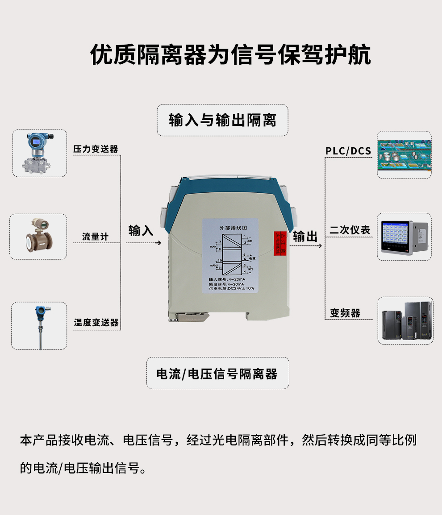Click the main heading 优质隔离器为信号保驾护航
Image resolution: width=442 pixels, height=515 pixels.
click(x=230, y=55)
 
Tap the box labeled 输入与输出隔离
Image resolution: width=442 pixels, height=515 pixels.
click(x=222, y=120)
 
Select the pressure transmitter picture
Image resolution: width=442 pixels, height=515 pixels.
click(x=39, y=153)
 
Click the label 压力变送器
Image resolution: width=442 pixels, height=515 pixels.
click(x=96, y=149)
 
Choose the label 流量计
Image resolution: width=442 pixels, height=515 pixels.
click(x=95, y=237)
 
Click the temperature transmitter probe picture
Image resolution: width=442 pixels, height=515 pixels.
click(x=40, y=325)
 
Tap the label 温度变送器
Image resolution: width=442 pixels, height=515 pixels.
click(x=96, y=322)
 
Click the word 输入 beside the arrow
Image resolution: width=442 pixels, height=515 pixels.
click(x=141, y=230)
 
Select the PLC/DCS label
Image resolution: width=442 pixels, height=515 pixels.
click(x=348, y=151)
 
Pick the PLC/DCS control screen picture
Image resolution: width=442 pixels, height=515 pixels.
click(x=404, y=155)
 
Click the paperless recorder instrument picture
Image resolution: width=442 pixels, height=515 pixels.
click(x=404, y=237)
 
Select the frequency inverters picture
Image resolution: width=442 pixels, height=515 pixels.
click(x=405, y=320)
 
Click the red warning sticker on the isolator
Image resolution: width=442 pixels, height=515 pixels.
click(x=279, y=243)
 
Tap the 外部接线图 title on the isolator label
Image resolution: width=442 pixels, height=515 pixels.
click(x=229, y=228)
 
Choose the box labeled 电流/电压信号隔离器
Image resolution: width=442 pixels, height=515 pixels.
click(x=217, y=374)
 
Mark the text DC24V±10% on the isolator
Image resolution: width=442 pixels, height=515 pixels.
click(x=241, y=288)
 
